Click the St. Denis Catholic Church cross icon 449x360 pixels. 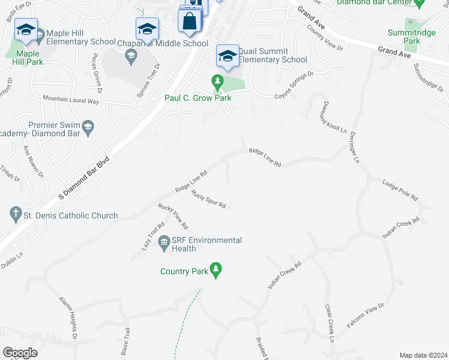15,214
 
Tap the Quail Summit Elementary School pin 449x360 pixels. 228,56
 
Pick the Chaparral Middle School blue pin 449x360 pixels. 147,29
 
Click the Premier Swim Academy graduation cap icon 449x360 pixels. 88,125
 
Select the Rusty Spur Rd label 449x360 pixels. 208,200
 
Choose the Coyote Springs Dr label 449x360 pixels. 294,86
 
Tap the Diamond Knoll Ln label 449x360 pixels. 335,117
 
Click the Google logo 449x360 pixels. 20,353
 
